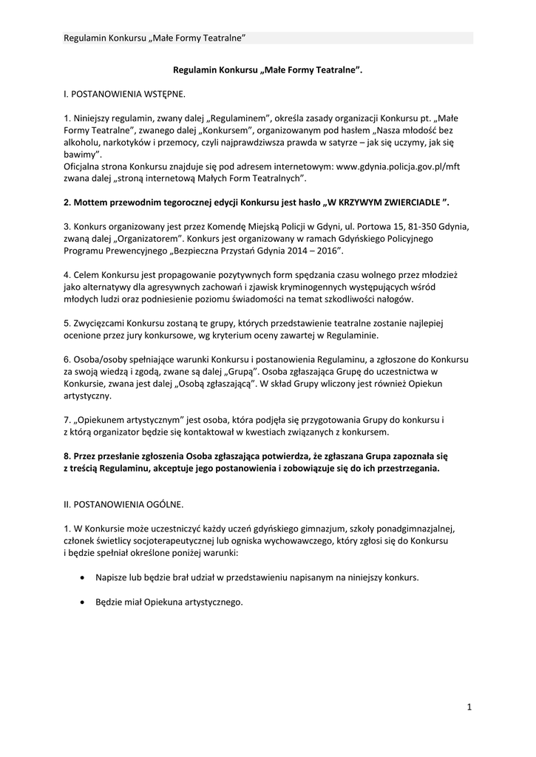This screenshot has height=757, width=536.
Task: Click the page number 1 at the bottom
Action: [x=469, y=707]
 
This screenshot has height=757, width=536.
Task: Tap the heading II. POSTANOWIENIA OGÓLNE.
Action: [x=121, y=503]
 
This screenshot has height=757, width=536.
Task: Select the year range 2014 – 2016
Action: [x=310, y=251]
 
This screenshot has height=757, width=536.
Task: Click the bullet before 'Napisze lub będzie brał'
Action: [x=81, y=577]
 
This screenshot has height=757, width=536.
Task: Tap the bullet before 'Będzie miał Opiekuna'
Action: [x=81, y=602]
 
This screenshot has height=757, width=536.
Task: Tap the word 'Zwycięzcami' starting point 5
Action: [x=98, y=322]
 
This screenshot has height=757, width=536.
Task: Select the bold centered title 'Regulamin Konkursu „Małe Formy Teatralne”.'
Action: [x=268, y=69]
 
